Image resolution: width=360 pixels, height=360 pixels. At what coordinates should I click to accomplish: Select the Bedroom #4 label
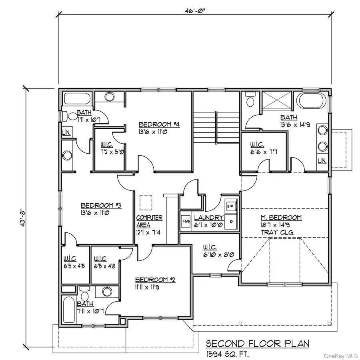coord(160,124)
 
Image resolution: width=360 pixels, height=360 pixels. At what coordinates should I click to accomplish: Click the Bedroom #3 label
coord(101,205)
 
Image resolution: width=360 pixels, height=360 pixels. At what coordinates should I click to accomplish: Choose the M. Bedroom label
coord(281,218)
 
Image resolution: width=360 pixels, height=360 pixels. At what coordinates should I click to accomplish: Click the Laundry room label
coord(208,218)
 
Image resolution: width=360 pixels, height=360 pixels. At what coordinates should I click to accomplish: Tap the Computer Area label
coord(149,221)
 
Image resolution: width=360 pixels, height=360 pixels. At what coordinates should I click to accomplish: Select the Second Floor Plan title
coord(257,344)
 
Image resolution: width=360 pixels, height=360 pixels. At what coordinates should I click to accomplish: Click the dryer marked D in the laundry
coord(231,221)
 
